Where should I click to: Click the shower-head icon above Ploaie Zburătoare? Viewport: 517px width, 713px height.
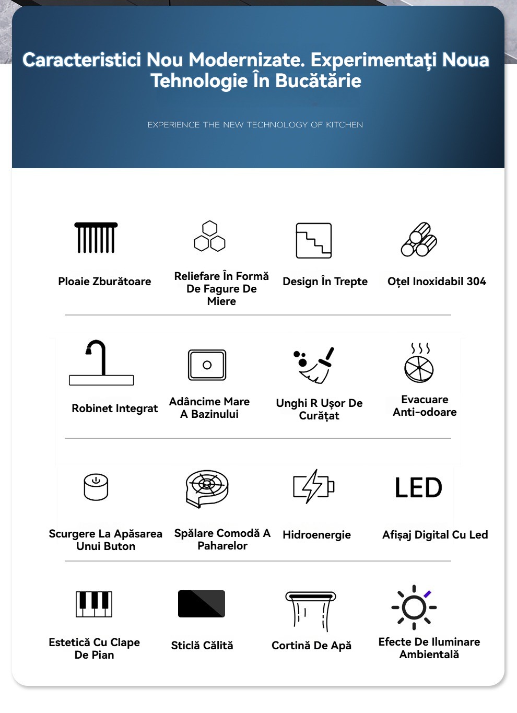click(96, 238)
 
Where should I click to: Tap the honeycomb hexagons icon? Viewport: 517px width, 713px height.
click(209, 237)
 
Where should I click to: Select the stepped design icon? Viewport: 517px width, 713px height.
click(314, 240)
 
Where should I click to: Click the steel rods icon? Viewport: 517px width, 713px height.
click(419, 240)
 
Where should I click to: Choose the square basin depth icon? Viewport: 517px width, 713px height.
click(207, 365)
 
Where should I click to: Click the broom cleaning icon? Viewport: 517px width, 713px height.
click(313, 365)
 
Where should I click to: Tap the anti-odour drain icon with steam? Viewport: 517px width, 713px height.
click(419, 363)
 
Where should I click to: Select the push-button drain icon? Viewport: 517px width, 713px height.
click(96, 487)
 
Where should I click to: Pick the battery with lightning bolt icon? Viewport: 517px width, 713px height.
click(313, 486)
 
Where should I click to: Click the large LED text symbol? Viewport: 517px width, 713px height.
click(418, 488)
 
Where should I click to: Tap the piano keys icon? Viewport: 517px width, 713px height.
click(94, 604)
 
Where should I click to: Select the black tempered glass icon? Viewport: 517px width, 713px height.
click(202, 604)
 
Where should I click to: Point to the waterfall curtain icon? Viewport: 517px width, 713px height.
click(311, 610)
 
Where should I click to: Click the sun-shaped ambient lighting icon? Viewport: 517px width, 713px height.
click(414, 607)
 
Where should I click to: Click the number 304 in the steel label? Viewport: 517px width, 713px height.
click(476, 282)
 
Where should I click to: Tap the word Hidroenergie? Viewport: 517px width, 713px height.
click(316, 535)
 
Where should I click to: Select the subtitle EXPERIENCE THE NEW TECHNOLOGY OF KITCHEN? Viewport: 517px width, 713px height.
click(255, 125)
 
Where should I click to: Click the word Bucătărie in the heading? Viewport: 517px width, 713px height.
click(318, 81)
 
